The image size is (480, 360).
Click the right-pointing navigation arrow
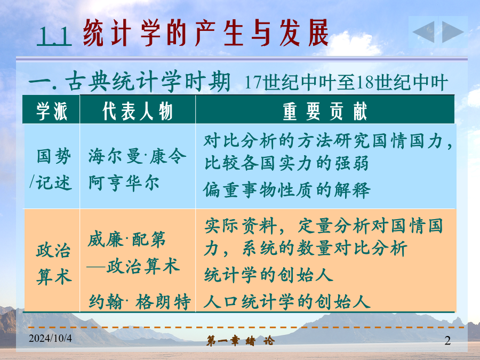[453, 31]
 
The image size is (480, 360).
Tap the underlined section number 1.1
[54, 36]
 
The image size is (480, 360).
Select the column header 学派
[51, 111]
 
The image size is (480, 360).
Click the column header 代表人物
[138, 111]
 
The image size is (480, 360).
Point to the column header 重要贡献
[324, 111]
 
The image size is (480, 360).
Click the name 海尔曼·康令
[137, 156]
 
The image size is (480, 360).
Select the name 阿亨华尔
[124, 183]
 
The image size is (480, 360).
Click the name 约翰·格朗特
[140, 301]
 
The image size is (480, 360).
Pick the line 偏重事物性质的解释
[286, 190]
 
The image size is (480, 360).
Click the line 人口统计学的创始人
[287, 301]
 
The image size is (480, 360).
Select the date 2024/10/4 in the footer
[50, 338]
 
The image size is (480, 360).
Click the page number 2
[447, 340]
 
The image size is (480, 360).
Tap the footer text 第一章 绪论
[241, 340]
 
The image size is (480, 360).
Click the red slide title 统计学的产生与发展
[206, 33]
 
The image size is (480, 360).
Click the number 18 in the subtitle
[366, 82]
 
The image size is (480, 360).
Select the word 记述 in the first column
[53, 183]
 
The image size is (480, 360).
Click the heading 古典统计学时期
[148, 82]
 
